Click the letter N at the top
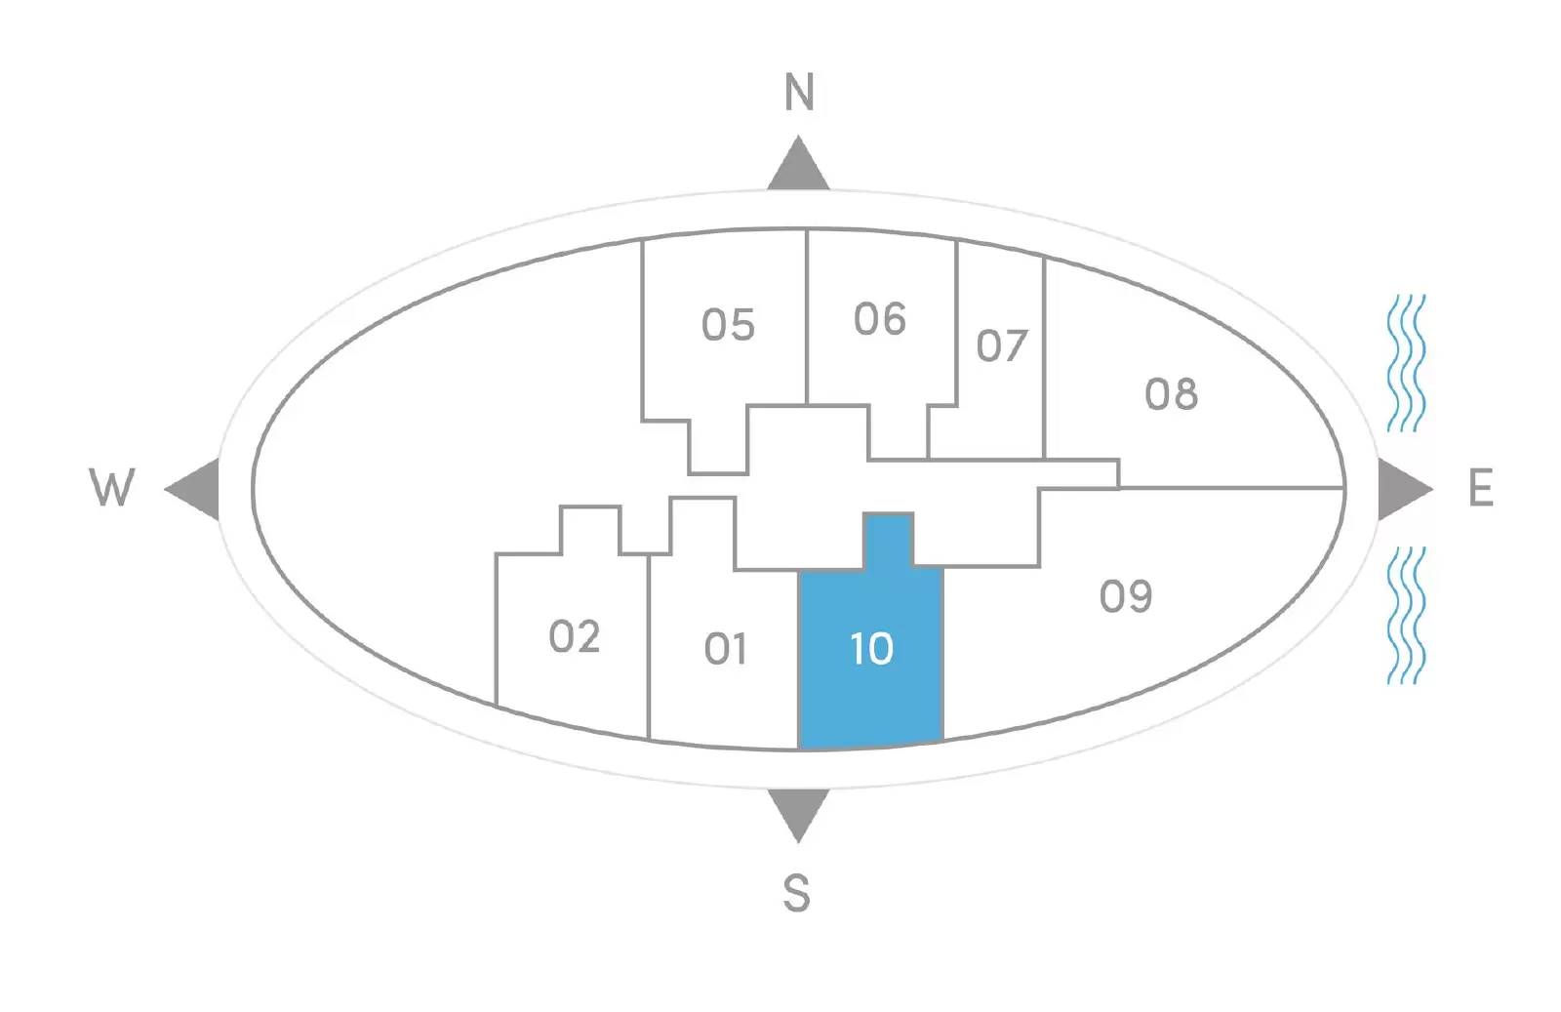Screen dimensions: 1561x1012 (x=799, y=92)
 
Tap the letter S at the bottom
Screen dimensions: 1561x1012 (x=796, y=893)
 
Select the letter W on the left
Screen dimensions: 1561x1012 (x=111, y=487)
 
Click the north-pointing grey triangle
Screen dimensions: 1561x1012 (x=799, y=167)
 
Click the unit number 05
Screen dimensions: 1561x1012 (x=728, y=325)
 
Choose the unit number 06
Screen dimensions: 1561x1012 (x=879, y=319)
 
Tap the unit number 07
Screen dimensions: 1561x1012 (x=1002, y=345)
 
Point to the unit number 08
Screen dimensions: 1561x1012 (x=1172, y=394)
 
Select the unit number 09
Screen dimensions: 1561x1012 (x=1126, y=596)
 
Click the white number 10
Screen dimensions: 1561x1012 (x=872, y=649)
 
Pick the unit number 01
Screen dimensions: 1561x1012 (x=726, y=649)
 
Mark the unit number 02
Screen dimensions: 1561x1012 (x=575, y=636)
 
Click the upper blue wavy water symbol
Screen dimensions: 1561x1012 (x=1406, y=363)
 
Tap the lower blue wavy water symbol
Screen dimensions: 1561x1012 (x=1406, y=615)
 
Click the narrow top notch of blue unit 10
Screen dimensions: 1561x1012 (x=889, y=540)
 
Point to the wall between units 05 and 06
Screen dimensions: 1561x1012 (x=807, y=317)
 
